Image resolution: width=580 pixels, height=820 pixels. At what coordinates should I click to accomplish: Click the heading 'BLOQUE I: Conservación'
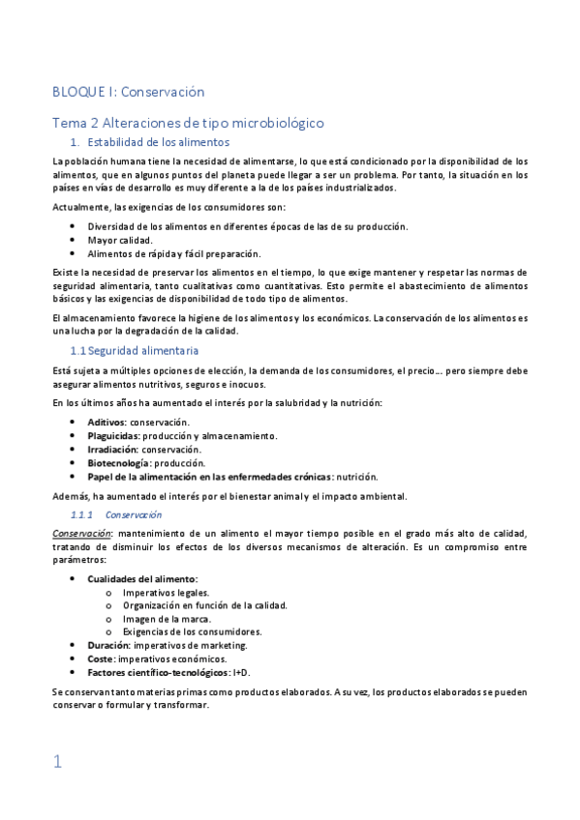click(128, 93)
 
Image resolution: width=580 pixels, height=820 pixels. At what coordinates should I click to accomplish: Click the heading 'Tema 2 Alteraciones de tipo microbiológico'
click(187, 123)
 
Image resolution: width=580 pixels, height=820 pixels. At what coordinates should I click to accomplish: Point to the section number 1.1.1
click(83, 515)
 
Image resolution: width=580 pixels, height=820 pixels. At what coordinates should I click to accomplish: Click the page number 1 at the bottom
click(57, 762)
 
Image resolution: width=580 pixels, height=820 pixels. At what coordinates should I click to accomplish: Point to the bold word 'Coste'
click(101, 659)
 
